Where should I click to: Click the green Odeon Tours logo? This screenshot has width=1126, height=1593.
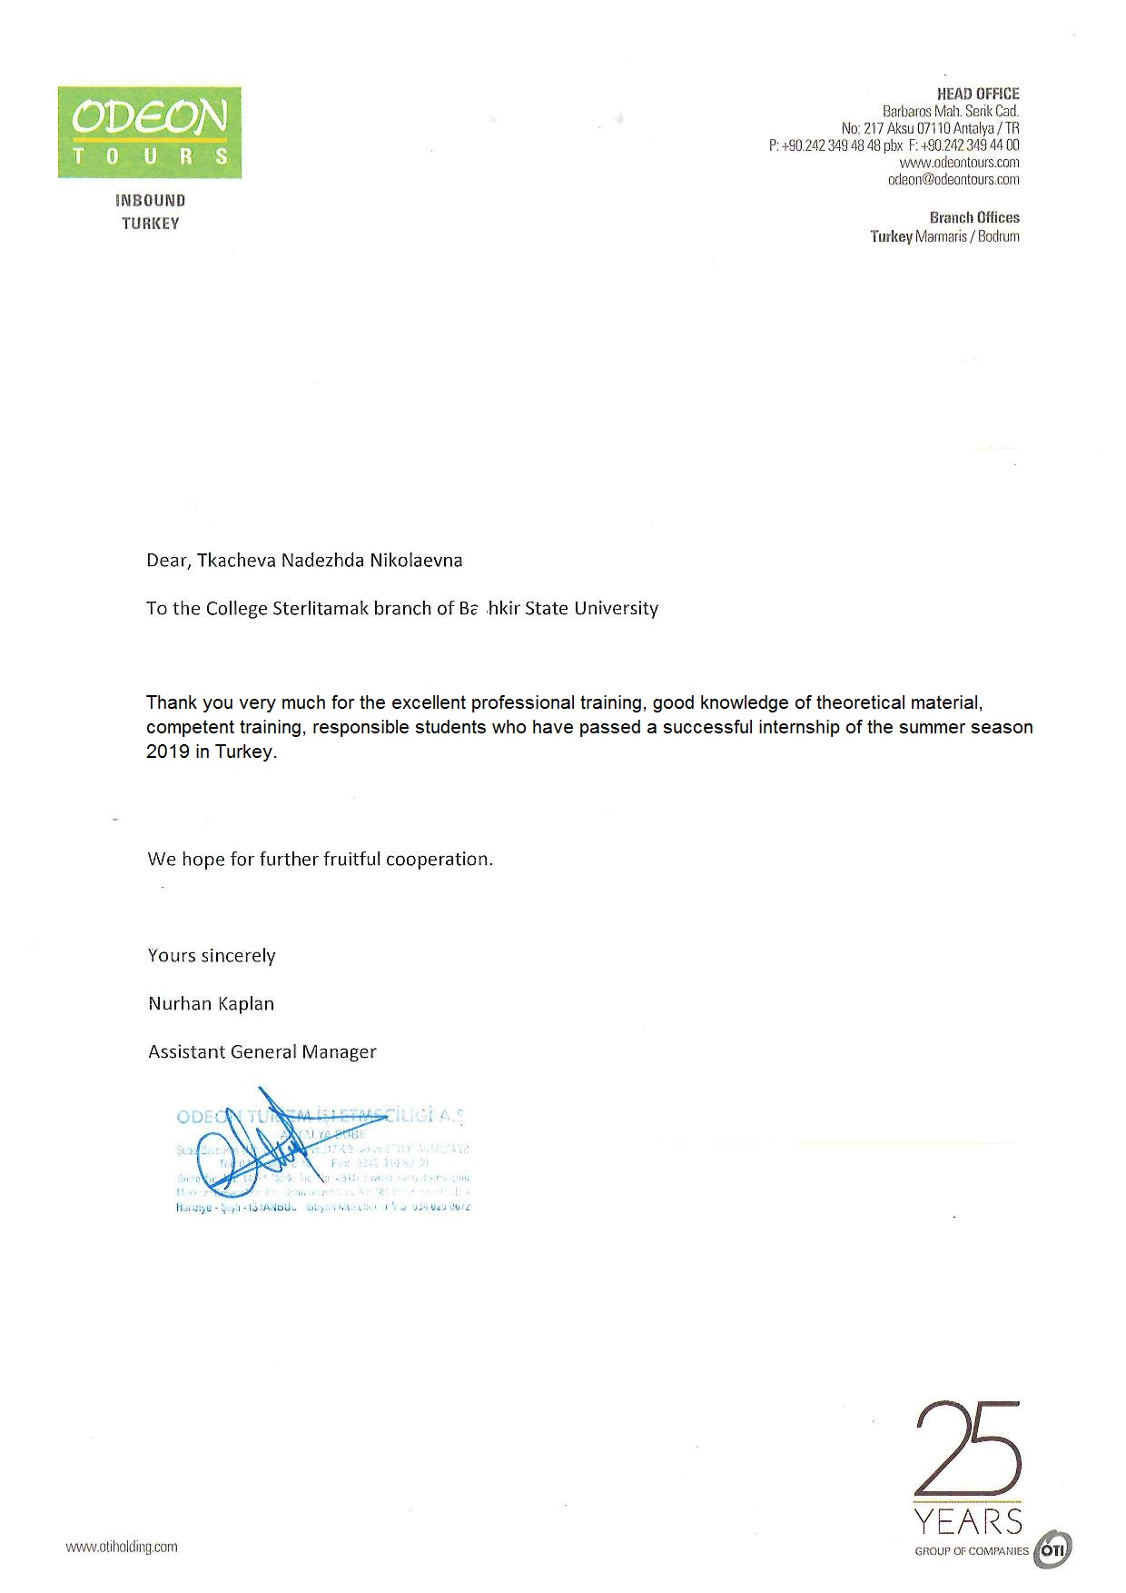150,132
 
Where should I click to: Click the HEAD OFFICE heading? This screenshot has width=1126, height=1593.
978,94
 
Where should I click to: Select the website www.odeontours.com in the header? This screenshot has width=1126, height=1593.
959,163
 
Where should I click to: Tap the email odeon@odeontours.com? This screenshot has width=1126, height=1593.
953,180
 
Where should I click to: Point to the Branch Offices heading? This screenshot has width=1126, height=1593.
974,218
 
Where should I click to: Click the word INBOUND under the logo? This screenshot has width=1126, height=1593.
151,201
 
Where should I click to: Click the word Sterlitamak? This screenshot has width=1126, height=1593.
321,609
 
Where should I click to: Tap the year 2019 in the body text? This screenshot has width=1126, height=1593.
168,752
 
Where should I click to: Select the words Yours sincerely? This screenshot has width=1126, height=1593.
212,956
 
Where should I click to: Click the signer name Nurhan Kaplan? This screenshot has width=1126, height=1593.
211,1004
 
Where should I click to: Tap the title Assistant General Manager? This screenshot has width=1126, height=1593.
262,1052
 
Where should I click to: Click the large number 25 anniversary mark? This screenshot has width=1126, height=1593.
968,1449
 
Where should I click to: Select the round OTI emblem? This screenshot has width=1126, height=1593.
1052,1549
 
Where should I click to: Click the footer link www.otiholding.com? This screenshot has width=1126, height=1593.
122,1547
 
